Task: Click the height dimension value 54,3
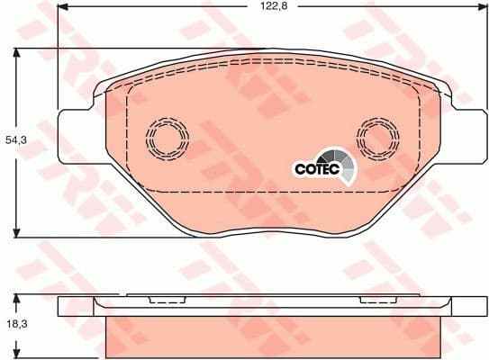pyautogui.click(x=15, y=140)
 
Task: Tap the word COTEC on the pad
pyautogui.click(x=312, y=167)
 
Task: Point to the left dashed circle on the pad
pyautogui.click(x=168, y=139)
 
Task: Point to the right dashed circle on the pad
pyautogui.click(x=379, y=139)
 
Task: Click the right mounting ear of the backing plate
pyautogui.click(x=463, y=137)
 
